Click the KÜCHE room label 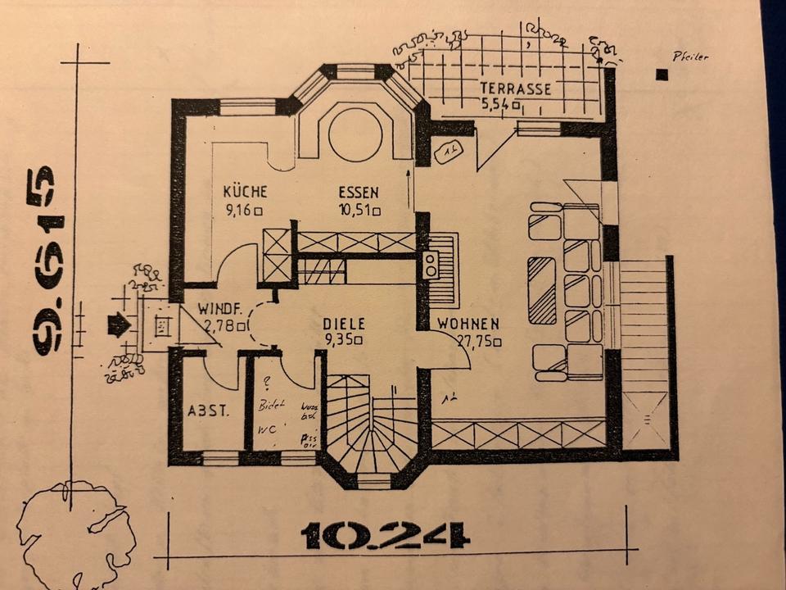tap(245, 192)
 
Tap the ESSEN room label tap(359, 192)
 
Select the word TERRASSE tap(516, 88)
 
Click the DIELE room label tap(344, 323)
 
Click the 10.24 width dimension tap(385, 536)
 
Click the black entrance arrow tap(120, 325)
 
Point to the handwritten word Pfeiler tap(689, 57)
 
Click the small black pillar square tap(662, 75)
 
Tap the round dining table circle tap(355, 134)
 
